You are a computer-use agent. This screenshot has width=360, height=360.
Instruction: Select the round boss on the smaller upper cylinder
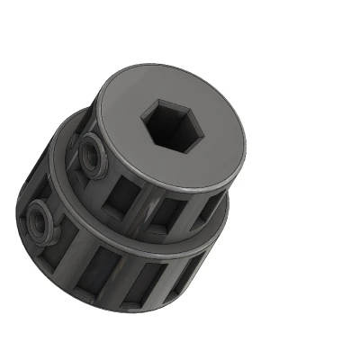[x=92, y=155]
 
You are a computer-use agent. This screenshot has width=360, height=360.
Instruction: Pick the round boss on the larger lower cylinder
[x=40, y=221]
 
